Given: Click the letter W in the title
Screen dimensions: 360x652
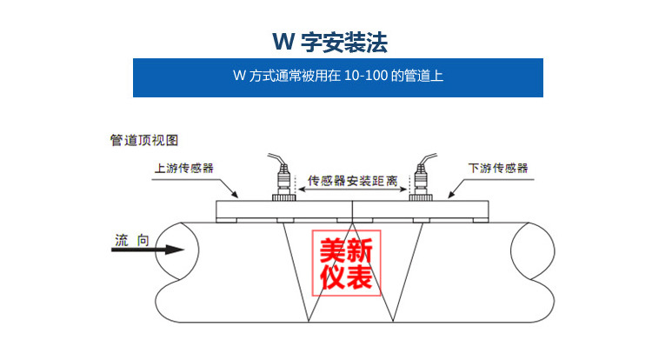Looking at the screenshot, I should pos(281,42).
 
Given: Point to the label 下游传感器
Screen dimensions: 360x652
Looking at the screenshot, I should pos(498,169).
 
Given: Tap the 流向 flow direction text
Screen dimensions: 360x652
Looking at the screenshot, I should pos(131,237).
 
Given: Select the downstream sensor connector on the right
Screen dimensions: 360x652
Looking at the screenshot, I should pos(422,183).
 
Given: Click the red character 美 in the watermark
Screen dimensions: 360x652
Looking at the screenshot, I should pos(332,251).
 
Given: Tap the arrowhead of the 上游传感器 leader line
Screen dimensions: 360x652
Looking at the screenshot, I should pos(236,195).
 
